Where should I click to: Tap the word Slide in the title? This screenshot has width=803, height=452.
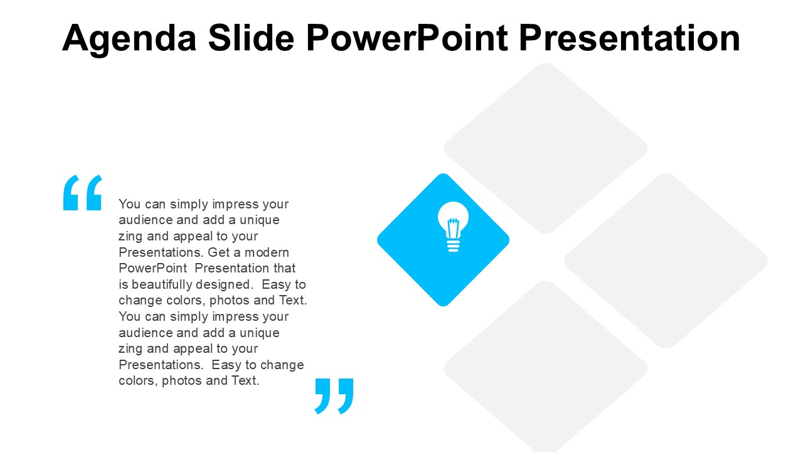[251, 37]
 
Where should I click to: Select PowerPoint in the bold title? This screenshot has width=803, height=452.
[407, 37]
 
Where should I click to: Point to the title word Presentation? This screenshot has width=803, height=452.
[629, 37]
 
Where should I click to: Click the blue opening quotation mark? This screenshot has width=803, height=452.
[83, 193]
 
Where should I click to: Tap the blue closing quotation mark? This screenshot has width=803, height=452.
[334, 396]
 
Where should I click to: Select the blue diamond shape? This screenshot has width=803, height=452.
[443, 240]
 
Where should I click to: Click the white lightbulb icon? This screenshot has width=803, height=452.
[453, 227]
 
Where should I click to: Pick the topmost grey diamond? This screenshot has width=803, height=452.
[545, 148]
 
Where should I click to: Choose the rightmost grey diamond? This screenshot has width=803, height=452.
[666, 261]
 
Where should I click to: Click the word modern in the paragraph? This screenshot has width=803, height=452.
[267, 252]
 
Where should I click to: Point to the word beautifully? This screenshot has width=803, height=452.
[162, 284]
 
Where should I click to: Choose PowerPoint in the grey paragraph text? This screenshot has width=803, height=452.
[153, 268]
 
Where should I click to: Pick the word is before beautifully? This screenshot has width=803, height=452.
[124, 284]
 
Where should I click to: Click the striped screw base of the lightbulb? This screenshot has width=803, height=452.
[453, 246]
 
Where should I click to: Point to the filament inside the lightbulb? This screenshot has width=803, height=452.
[453, 228]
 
